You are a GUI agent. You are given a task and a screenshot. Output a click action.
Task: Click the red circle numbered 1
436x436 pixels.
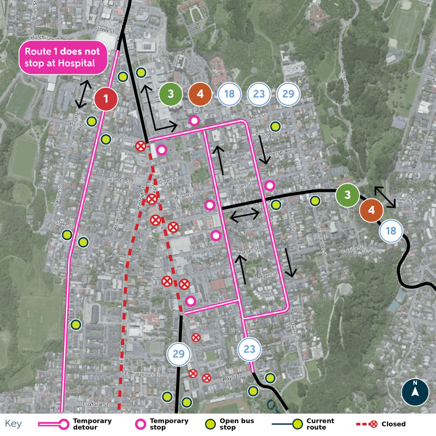(106, 99)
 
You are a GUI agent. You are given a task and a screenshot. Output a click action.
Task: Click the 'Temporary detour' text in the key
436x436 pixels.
(92, 424)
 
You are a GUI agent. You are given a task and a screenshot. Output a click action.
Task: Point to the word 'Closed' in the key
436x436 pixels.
(393, 424)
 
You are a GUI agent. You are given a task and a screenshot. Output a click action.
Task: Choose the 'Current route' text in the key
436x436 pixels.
(320, 424)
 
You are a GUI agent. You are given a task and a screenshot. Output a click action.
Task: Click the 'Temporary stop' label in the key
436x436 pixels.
(169, 424)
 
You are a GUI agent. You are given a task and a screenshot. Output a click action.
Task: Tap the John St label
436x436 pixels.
(103, 31)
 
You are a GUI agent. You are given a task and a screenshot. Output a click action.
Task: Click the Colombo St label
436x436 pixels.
(119, 180)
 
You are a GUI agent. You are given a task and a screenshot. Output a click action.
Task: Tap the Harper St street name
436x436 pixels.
(247, 252)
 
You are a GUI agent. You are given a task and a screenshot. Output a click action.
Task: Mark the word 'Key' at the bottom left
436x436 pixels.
(13, 424)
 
